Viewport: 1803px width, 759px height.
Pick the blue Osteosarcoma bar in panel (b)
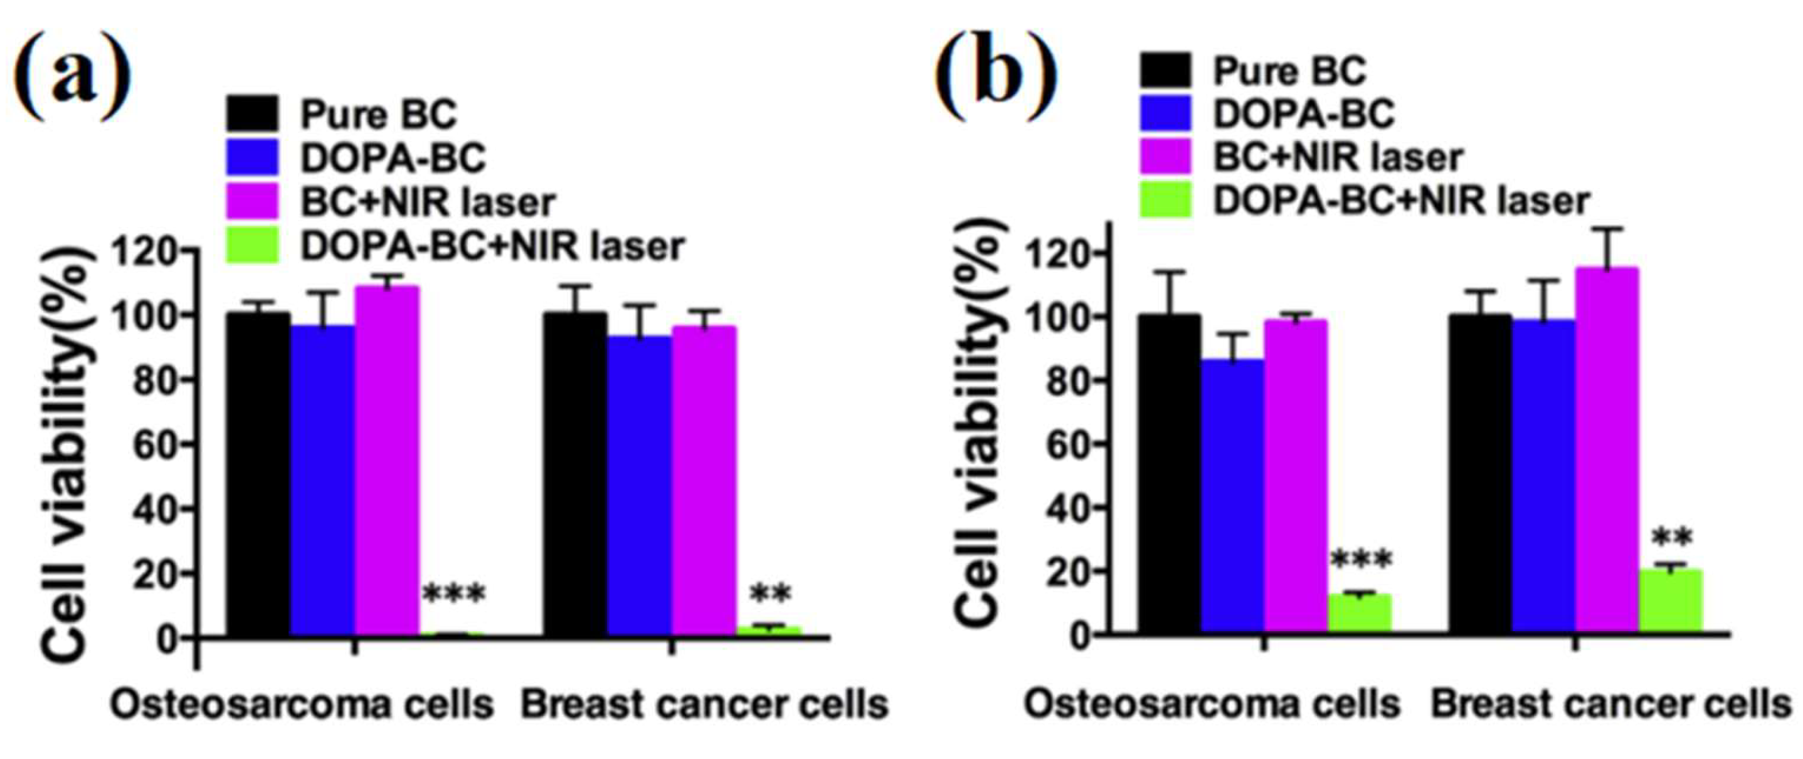[x=1232, y=496]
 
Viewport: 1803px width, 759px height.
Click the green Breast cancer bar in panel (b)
[x=1671, y=602]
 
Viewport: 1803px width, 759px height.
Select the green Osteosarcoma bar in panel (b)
[x=1360, y=614]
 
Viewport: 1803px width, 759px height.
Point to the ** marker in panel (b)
[x=1672, y=538]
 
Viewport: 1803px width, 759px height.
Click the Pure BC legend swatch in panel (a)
[x=252, y=114]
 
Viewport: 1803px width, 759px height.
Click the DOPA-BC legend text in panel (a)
[x=393, y=158]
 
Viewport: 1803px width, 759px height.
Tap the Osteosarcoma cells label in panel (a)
[x=302, y=705]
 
